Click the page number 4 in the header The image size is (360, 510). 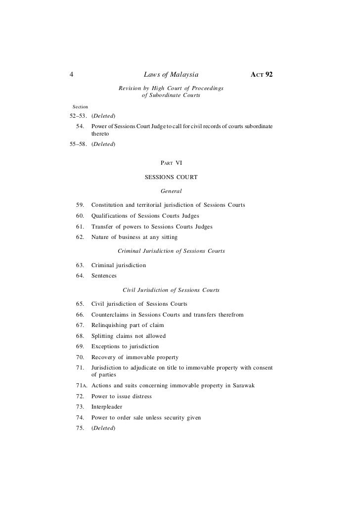[x=72, y=75]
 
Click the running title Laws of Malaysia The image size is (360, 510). [x=171, y=75]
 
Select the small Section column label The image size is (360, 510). [x=80, y=106]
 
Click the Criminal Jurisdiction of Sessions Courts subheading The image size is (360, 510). [x=171, y=251]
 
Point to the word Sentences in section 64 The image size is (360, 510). [x=104, y=276]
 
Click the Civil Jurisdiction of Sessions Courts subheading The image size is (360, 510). [x=171, y=290]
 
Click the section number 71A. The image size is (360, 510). [x=80, y=386]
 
